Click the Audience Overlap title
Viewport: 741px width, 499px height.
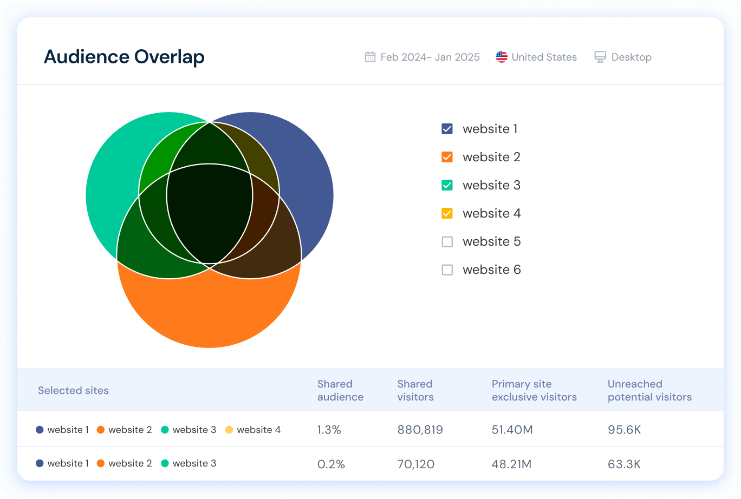point(124,57)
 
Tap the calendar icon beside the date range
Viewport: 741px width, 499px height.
point(370,57)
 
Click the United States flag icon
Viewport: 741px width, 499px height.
point(502,57)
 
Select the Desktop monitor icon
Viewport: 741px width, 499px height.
point(600,57)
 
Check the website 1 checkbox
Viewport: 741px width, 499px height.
point(447,129)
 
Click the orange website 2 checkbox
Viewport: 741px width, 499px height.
point(447,157)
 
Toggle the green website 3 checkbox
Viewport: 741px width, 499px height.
point(447,185)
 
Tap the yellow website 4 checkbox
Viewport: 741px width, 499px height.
point(447,213)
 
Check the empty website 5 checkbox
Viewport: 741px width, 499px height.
point(447,241)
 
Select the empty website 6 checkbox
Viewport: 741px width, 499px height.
point(447,270)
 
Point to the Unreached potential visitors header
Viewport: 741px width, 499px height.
point(649,390)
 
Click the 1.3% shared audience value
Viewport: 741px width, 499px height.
point(328,430)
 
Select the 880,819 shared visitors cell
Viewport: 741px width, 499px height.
point(420,430)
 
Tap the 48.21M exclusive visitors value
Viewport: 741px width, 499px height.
point(512,464)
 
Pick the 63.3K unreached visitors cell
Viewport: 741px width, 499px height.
point(624,464)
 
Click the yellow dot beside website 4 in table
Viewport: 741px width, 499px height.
point(229,430)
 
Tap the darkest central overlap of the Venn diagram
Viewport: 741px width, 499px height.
point(209,216)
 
